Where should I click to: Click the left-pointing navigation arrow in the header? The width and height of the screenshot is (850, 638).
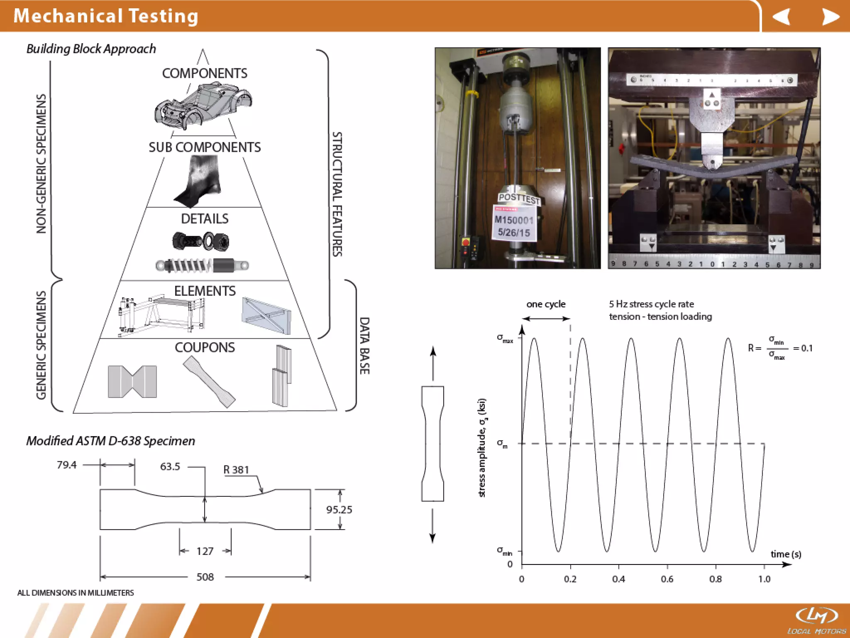click(x=782, y=17)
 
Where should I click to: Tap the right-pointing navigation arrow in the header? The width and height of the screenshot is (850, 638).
click(x=830, y=17)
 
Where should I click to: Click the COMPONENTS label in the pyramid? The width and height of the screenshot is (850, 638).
click(x=205, y=74)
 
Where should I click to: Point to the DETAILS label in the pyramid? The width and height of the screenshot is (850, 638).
click(x=205, y=219)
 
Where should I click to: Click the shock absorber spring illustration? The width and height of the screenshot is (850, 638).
click(x=202, y=265)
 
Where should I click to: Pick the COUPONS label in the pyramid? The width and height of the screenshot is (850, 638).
click(x=205, y=348)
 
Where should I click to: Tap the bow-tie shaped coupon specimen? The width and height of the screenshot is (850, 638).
click(x=132, y=382)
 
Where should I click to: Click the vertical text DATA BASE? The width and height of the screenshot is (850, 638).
click(x=364, y=346)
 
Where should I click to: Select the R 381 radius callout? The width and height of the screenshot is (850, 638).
click(x=236, y=470)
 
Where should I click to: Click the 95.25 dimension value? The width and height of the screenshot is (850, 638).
click(x=339, y=510)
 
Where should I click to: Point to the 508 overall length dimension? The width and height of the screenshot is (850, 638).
click(x=205, y=577)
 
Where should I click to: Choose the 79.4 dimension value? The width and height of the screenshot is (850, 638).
click(x=67, y=465)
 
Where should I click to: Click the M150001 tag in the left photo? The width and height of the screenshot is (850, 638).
click(x=514, y=220)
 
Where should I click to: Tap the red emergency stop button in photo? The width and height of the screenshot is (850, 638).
click(x=466, y=242)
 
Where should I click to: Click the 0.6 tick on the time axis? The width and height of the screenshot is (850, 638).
click(x=667, y=579)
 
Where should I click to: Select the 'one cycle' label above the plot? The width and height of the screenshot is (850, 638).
click(x=546, y=304)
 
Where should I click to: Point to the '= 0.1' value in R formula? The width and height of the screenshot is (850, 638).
click(x=803, y=348)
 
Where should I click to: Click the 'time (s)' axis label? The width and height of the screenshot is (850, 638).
click(x=786, y=554)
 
